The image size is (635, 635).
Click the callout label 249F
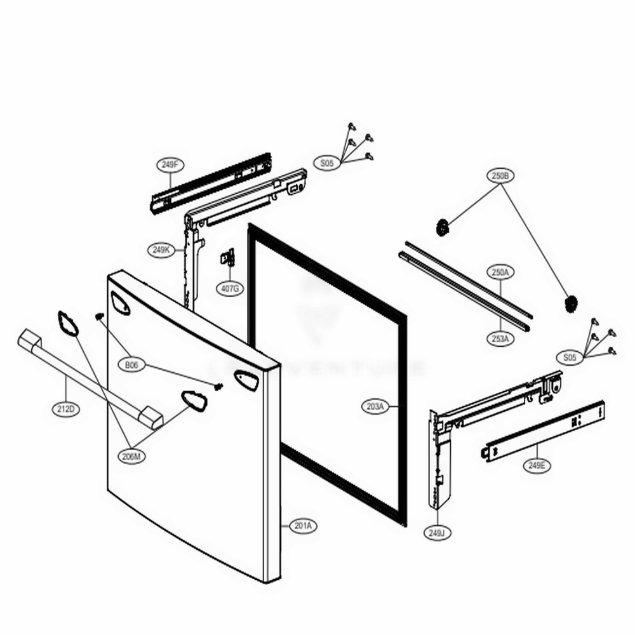[x=169, y=165]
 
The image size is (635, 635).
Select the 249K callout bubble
[x=161, y=250]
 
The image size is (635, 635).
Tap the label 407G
[x=230, y=289]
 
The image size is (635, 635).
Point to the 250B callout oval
[x=500, y=175]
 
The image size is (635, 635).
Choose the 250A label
[x=500, y=272]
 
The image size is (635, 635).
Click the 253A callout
[x=500, y=338]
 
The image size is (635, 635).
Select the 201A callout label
[x=304, y=526]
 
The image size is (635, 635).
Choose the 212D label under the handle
[x=65, y=410]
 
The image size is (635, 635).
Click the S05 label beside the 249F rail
[x=326, y=164]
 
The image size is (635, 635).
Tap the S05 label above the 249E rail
[x=570, y=358]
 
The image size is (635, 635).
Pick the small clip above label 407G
[x=227, y=258]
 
